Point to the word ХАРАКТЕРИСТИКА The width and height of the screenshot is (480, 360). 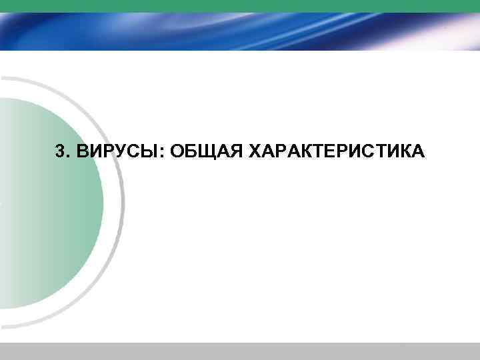(335, 152)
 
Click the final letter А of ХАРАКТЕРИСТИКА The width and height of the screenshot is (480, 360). (416, 152)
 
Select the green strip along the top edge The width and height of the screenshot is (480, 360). (240, 4)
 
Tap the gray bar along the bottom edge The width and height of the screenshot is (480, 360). (240, 351)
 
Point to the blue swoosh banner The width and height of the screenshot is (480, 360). (240, 30)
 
